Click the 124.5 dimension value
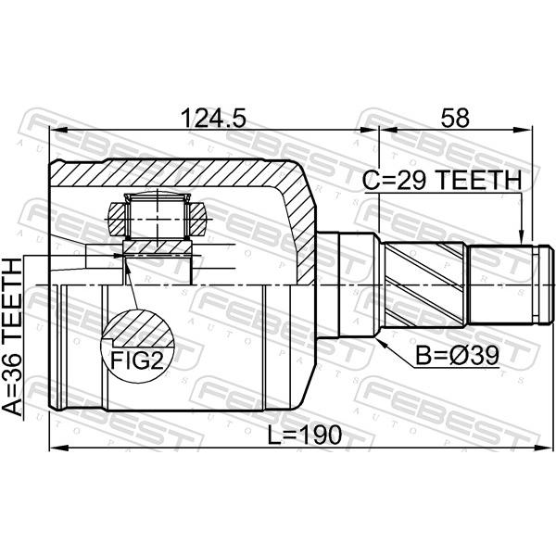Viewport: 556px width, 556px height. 213,118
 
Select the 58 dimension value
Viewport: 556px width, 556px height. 455,118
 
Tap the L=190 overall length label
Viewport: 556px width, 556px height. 304,436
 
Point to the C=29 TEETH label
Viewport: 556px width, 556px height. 442,180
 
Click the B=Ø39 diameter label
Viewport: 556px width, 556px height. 457,356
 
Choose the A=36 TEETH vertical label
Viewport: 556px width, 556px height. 12,337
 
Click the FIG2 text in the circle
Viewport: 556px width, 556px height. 137,360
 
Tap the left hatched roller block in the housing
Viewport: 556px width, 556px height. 118,219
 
